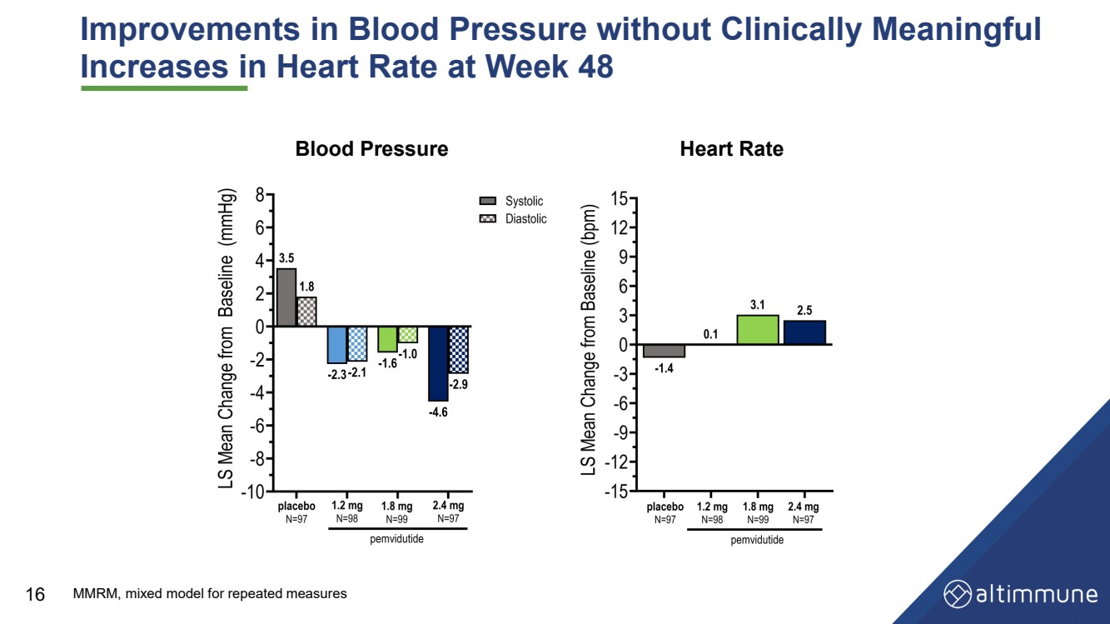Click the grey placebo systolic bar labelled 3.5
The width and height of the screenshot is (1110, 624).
point(286,297)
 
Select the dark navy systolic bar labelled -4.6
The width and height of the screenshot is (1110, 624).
point(438,363)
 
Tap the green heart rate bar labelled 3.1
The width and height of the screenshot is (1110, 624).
point(758,330)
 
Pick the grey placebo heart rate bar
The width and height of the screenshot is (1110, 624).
point(664,351)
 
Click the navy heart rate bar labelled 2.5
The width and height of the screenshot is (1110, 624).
point(804,332)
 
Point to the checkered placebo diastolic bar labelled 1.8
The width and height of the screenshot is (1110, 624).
point(306,312)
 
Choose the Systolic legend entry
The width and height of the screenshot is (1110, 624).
point(511,202)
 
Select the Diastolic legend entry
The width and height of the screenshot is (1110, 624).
point(513,219)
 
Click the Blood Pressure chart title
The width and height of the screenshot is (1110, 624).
point(371,149)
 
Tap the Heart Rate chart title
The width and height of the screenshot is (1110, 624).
point(731,149)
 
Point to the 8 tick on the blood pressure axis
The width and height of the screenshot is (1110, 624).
point(261,195)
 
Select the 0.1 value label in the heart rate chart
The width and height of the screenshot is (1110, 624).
point(710,334)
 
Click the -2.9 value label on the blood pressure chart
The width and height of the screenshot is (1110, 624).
point(459,385)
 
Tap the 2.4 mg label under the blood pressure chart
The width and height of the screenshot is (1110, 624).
point(448,506)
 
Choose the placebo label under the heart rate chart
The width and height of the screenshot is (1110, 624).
point(665,507)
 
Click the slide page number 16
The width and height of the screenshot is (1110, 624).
point(35,594)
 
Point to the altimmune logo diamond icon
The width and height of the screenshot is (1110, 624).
point(957,594)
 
